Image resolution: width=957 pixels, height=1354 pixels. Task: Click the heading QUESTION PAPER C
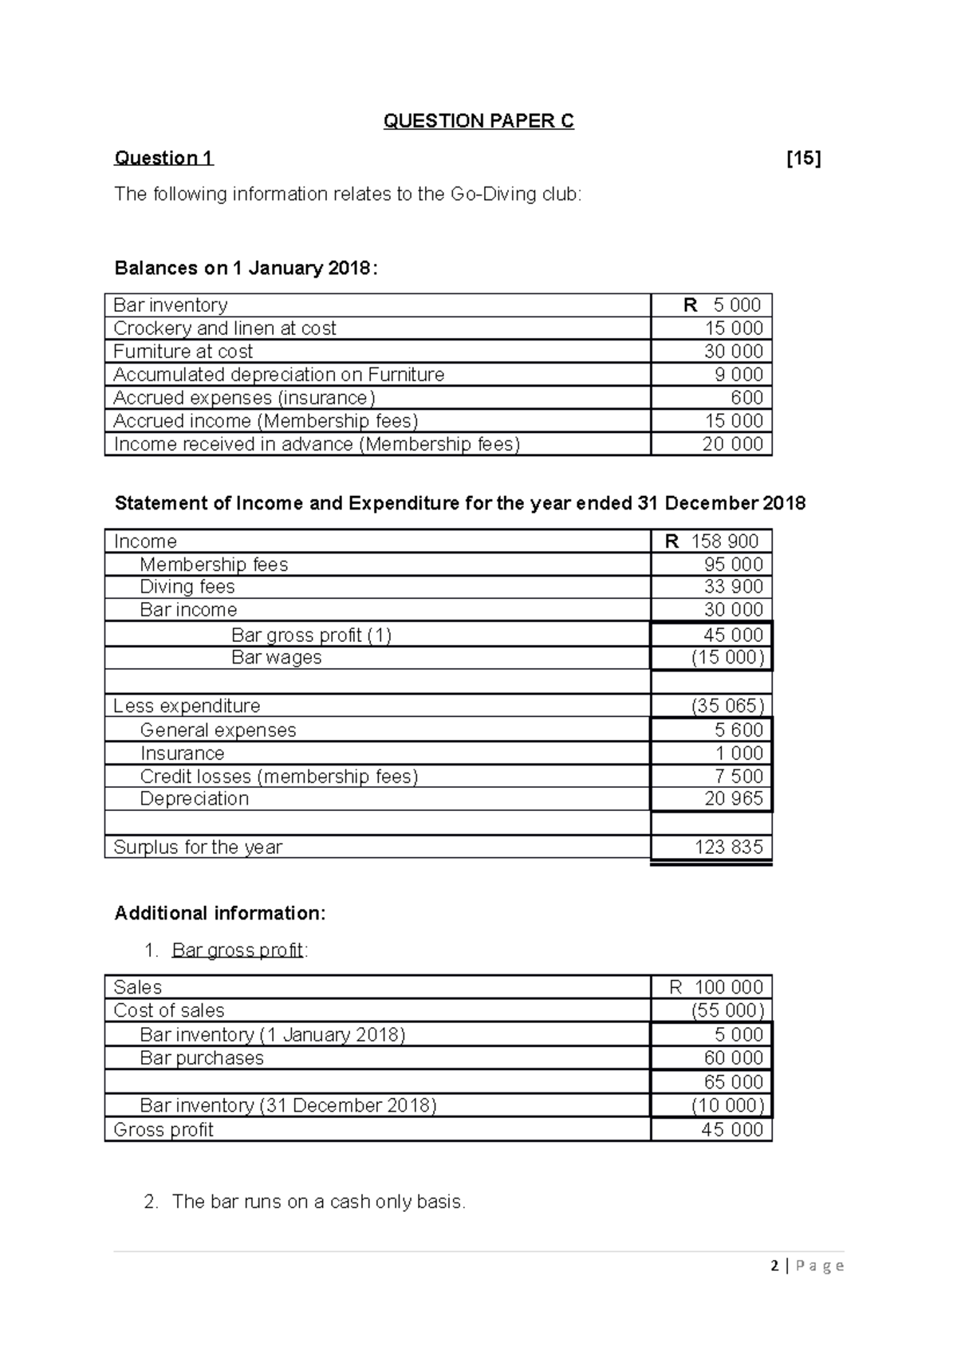pyautogui.click(x=478, y=121)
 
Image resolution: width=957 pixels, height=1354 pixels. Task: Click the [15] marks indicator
pyautogui.click(x=803, y=158)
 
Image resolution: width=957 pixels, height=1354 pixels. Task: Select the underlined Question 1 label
pyautogui.click(x=163, y=158)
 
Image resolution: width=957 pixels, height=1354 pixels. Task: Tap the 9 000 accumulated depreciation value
pyautogui.click(x=734, y=375)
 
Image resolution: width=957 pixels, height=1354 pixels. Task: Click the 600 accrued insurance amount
pyautogui.click(x=746, y=398)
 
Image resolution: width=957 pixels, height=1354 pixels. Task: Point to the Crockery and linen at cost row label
pyautogui.click(x=225, y=329)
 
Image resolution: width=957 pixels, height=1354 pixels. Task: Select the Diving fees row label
pyautogui.click(x=187, y=587)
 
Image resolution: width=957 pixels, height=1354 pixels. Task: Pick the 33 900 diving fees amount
pyautogui.click(x=734, y=587)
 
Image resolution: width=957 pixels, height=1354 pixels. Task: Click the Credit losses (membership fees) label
pyautogui.click(x=279, y=777)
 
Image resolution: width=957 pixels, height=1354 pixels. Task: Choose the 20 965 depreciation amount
pyautogui.click(x=734, y=799)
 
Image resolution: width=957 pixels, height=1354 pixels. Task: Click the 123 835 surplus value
pyautogui.click(x=729, y=848)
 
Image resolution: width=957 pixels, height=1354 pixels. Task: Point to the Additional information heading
pyautogui.click(x=220, y=913)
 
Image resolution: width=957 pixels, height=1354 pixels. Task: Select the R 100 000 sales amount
pyautogui.click(x=716, y=987)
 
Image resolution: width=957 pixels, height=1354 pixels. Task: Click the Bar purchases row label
pyautogui.click(x=202, y=1058)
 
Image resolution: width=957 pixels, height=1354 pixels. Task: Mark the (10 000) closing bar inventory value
pyautogui.click(x=727, y=1106)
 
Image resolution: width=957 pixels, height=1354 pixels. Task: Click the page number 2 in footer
pyautogui.click(x=775, y=1265)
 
